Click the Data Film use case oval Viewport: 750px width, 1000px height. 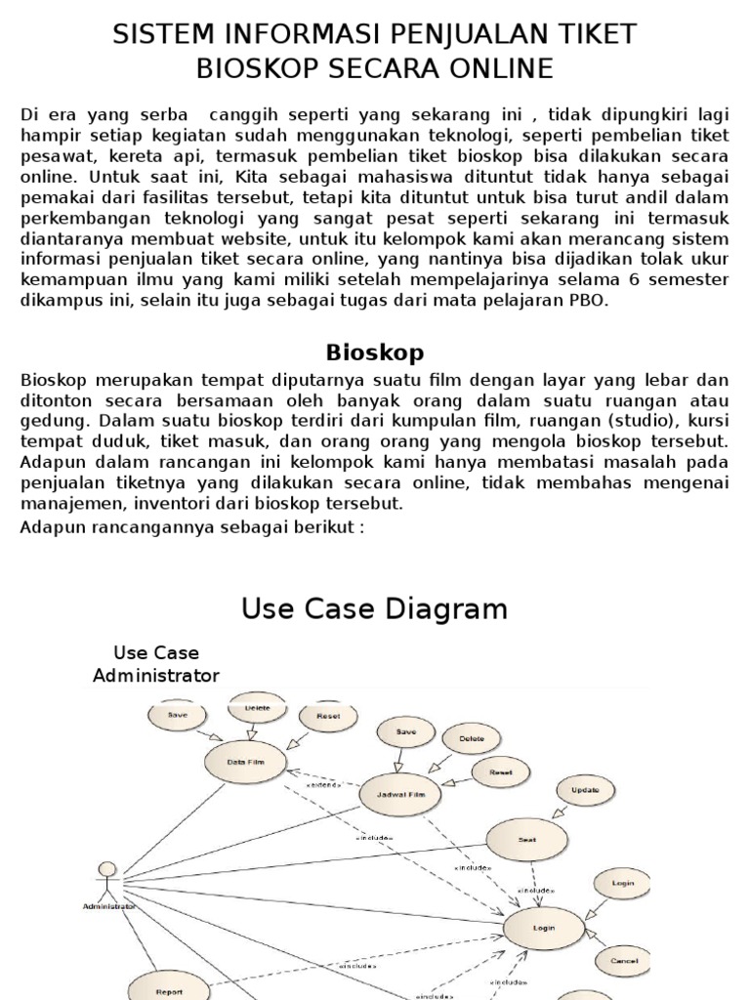click(x=242, y=761)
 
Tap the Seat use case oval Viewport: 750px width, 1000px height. click(x=526, y=839)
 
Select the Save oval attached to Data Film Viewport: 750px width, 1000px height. click(x=178, y=715)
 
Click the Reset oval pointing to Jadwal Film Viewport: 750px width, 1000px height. click(x=500, y=771)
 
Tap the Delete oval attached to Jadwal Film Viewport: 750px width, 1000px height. click(x=470, y=740)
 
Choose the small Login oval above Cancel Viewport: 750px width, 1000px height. click(x=622, y=884)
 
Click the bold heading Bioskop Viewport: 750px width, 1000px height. click(x=374, y=352)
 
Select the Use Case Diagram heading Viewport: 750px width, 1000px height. click(x=374, y=609)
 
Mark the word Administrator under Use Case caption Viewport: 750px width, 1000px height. click(x=156, y=675)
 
